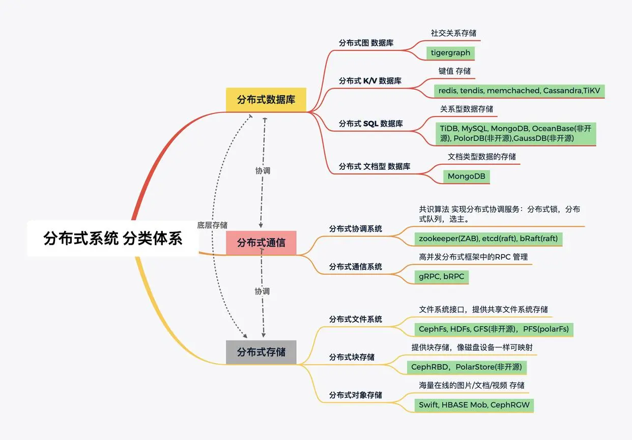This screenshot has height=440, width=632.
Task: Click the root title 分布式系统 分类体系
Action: [113, 238]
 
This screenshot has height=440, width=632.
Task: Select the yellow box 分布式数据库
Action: [266, 99]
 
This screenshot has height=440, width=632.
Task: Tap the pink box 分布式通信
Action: [261, 243]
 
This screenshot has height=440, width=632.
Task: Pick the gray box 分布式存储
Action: [261, 352]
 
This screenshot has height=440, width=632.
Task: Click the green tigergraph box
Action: [450, 53]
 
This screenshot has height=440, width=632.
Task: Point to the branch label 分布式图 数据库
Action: [366, 43]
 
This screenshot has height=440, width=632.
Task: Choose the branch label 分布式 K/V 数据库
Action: [370, 81]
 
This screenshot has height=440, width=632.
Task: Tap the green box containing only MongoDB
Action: [466, 177]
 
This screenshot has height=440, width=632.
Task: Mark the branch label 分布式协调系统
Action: [355, 229]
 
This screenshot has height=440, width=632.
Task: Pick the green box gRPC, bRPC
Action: [441, 277]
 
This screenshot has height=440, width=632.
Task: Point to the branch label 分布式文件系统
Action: [355, 319]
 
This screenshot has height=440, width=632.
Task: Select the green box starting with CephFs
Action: [494, 329]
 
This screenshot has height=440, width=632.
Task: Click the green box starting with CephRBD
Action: [467, 367]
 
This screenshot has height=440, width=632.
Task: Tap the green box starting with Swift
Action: [474, 405]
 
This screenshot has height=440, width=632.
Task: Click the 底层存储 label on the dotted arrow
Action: [212, 225]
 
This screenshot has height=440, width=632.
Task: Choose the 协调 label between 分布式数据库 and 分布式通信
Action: [263, 171]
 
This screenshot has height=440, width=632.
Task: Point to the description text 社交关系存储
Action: [453, 33]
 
